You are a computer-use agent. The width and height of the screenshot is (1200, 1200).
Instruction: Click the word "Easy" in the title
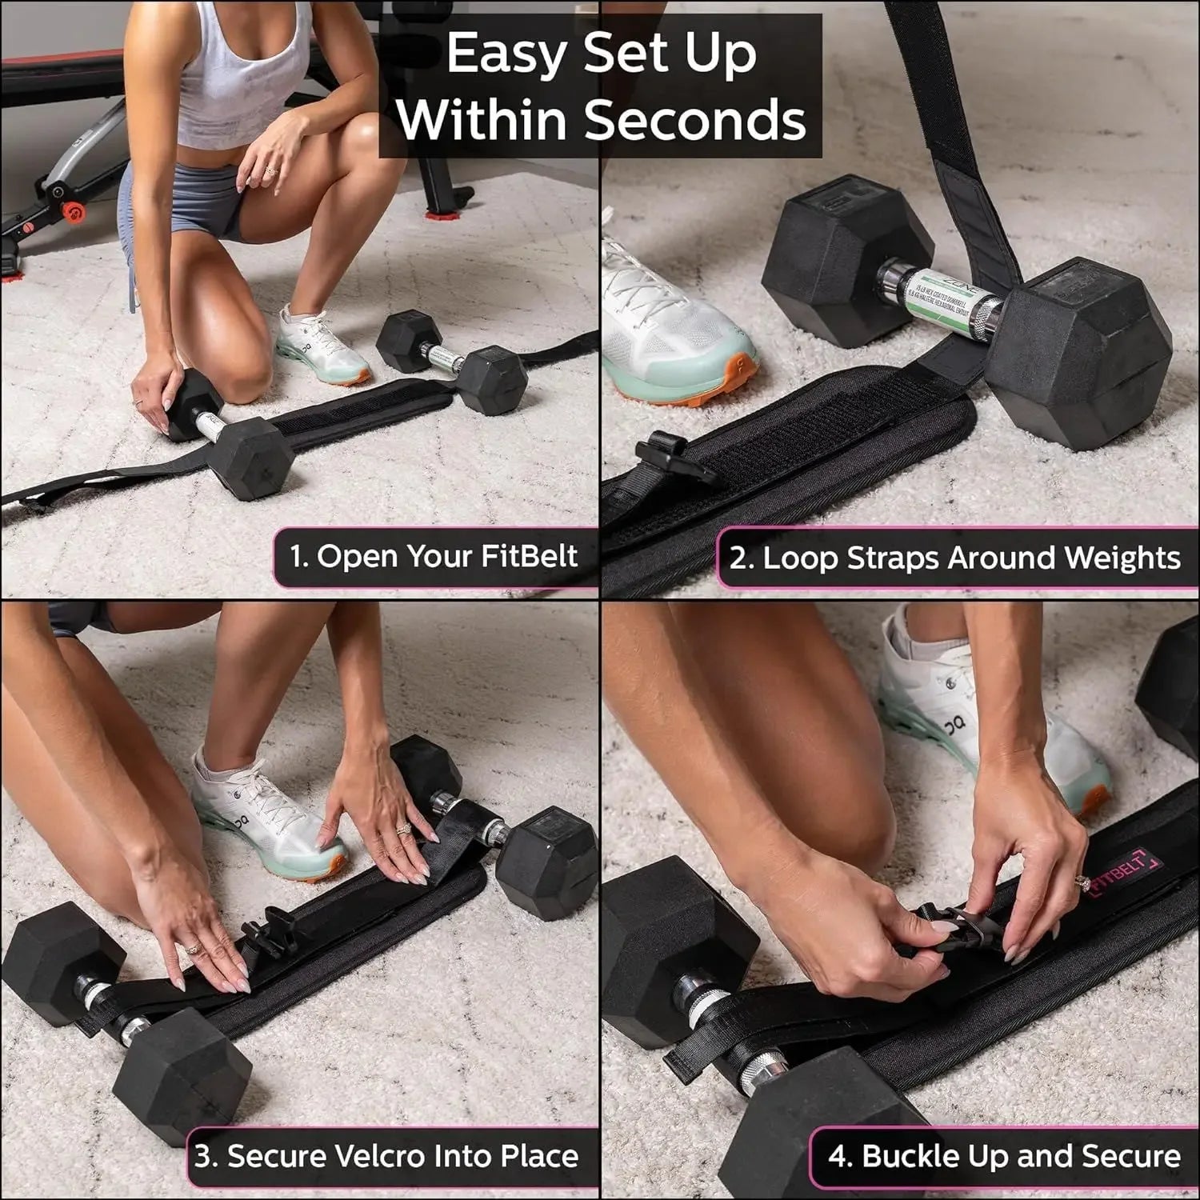(506, 54)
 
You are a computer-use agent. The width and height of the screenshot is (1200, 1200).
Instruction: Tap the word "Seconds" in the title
(694, 120)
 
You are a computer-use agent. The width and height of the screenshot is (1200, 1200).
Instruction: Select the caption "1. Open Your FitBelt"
(434, 556)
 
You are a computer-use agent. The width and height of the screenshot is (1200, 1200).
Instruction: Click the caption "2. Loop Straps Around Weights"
(954, 558)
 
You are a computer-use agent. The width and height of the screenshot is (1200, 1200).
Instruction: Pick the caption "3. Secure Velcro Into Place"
(386, 1156)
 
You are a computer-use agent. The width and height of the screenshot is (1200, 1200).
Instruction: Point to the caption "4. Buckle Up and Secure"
(1004, 1156)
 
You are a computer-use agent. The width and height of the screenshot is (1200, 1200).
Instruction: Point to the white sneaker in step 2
(676, 320)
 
